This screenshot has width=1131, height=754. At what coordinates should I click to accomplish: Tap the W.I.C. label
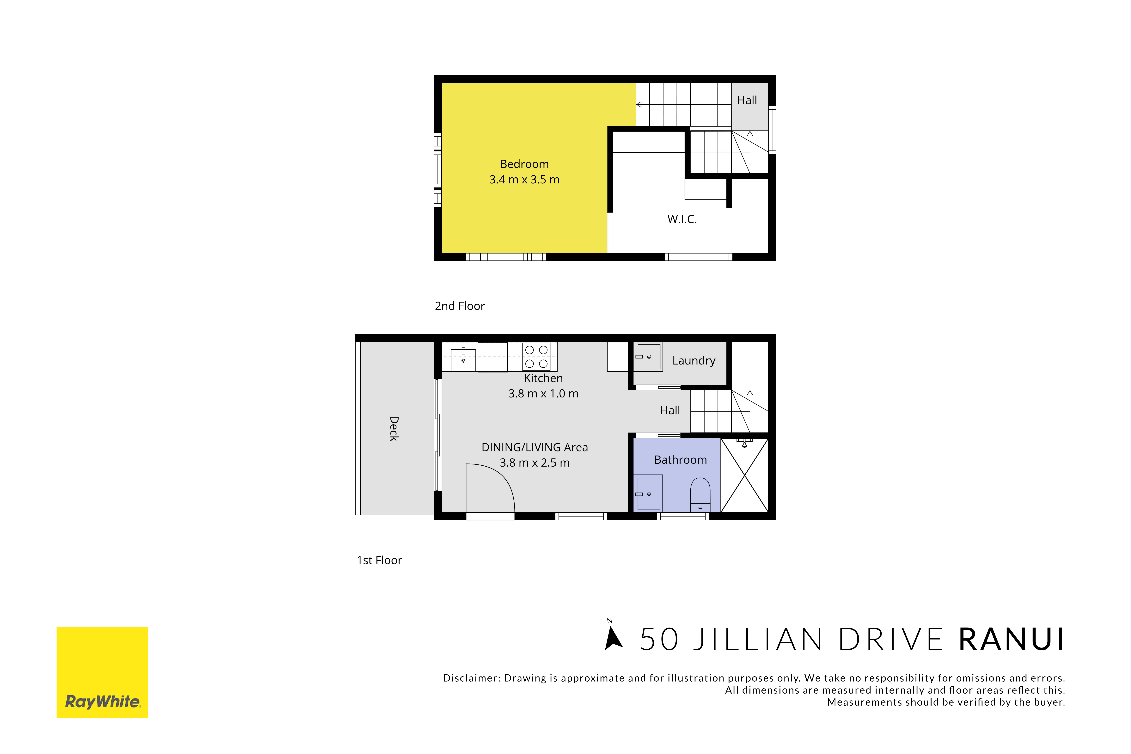(682, 219)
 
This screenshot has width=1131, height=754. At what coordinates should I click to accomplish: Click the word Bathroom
(680, 460)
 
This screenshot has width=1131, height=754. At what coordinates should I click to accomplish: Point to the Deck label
(394, 428)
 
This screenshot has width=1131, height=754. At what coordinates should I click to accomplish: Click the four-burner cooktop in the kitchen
(537, 357)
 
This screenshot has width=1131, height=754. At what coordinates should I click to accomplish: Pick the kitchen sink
(463, 360)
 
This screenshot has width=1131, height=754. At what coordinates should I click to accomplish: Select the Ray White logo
(102, 672)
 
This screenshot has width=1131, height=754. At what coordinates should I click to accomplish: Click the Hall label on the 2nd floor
(747, 101)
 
